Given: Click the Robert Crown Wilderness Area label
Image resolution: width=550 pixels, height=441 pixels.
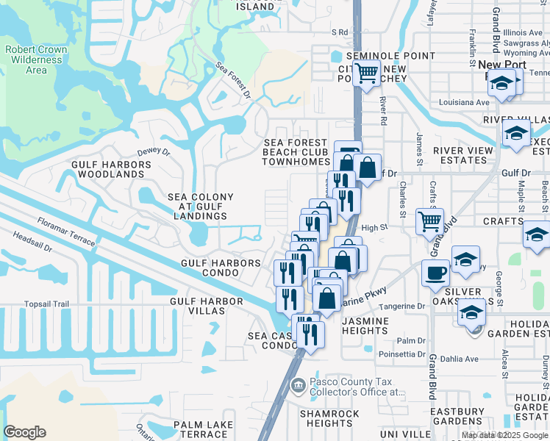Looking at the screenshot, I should pyautogui.click(x=35, y=60).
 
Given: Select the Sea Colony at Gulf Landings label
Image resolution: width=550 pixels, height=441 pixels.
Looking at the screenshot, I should pyautogui.click(x=201, y=207).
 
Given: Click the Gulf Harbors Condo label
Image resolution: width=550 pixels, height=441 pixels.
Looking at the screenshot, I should pyautogui.click(x=221, y=268).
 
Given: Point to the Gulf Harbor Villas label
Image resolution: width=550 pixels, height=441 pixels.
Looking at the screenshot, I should pyautogui.click(x=207, y=306).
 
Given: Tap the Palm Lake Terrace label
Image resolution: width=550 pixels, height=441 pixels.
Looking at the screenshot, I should pyautogui.click(x=204, y=429).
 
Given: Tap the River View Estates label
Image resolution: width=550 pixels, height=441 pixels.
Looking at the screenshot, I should pyautogui.click(x=463, y=155).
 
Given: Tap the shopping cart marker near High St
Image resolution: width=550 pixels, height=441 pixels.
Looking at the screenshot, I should pyautogui.click(x=429, y=220).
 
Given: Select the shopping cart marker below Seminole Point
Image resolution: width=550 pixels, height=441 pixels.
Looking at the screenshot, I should pyautogui.click(x=366, y=73).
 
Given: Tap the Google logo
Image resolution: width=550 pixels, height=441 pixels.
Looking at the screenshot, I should pyautogui.click(x=24, y=432).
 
